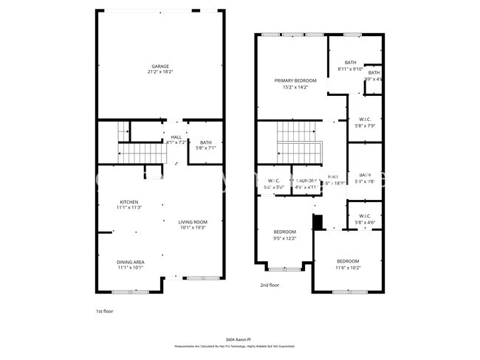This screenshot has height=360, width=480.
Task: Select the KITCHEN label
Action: pos(129,201)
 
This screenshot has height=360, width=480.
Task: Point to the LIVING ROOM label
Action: pos(192,221)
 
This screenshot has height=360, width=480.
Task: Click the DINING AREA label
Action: pos(129,262)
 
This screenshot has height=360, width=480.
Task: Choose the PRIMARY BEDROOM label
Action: pos(295,80)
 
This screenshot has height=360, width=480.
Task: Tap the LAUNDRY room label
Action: pos(306,181)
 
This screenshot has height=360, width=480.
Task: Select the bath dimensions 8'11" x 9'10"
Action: pos(350,69)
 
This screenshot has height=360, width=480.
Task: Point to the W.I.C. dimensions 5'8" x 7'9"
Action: pos(365,125)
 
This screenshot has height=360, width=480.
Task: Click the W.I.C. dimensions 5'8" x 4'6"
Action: pos(365,222)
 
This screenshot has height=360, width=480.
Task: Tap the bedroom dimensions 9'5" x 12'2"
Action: pos(284,238)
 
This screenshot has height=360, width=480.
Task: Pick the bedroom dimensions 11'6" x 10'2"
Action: pos(348,268)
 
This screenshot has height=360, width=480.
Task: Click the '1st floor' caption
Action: pos(104,311)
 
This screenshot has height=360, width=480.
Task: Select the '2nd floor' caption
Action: pos(269,285)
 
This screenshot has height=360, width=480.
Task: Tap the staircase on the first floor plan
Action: pos(140,153)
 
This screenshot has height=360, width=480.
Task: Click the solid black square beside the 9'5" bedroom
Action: pos(318,222)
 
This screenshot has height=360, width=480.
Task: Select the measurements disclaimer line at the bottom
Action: pos(234,345)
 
